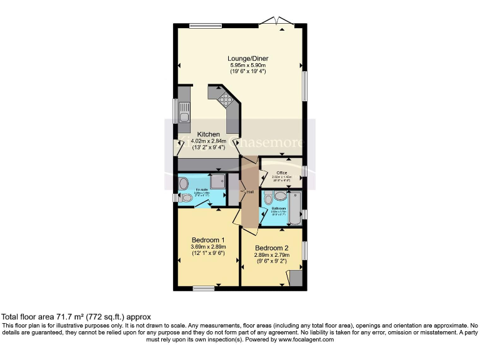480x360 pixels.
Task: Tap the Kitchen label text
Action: pyautogui.click(x=209, y=134)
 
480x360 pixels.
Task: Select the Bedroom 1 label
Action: pyautogui.click(x=208, y=239)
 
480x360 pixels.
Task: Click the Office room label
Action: pyautogui.click(x=282, y=172)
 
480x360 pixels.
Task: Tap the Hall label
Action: pyautogui.click(x=250, y=191)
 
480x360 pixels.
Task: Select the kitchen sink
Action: pyautogui.click(x=184, y=116)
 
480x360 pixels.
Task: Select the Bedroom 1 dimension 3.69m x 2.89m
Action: pyautogui.click(x=208, y=247)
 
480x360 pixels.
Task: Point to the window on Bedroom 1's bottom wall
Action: pyautogui.click(x=203, y=287)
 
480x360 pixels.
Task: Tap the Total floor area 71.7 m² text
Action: pyautogui.click(x=76, y=317)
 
